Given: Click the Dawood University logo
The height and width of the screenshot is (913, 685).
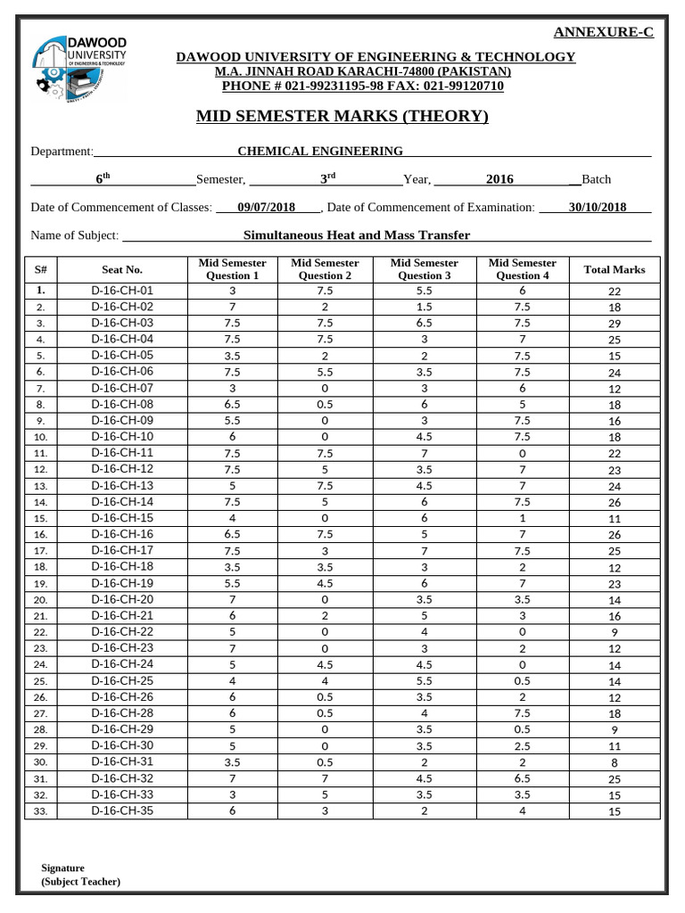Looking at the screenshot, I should coord(78,67).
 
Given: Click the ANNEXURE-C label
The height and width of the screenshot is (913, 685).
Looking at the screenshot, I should coord(604,32).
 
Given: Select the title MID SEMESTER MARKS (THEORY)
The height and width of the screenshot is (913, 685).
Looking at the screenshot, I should coord(342,116).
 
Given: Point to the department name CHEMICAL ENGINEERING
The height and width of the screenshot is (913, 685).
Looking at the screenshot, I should coord(319,152).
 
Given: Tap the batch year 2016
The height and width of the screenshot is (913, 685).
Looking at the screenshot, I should coord(499,179).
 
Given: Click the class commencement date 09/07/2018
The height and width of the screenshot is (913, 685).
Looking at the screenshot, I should coord(266,208).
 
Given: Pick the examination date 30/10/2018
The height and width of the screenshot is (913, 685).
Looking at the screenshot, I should coord(597,208).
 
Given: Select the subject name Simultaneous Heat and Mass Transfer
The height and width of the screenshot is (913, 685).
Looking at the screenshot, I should coord(357,235).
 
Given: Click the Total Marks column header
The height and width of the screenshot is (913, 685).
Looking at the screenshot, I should coord(614,269).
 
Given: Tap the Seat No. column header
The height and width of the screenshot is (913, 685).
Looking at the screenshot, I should coord(122,269).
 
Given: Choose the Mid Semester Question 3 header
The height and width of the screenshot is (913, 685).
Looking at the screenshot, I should coord(424,269).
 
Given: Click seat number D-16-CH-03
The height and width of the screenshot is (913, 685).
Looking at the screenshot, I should coord(122,323).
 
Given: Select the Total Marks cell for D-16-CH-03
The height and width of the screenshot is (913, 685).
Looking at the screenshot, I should coord(614,324).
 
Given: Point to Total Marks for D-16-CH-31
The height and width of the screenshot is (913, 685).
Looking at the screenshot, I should coord(614,762).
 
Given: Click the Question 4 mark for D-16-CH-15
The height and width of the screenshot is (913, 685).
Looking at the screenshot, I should coord(522,518).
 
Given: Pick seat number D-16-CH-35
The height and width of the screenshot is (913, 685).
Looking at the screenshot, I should coord(122,810).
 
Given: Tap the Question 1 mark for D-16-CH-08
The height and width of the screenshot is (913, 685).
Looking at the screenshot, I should coord(233,404).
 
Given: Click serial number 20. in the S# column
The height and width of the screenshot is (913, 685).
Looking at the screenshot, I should coord(41,600).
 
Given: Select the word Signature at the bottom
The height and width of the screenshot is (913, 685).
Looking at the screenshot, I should coord(63,868).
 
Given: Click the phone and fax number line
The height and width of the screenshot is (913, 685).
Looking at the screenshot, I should coord(362,86).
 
